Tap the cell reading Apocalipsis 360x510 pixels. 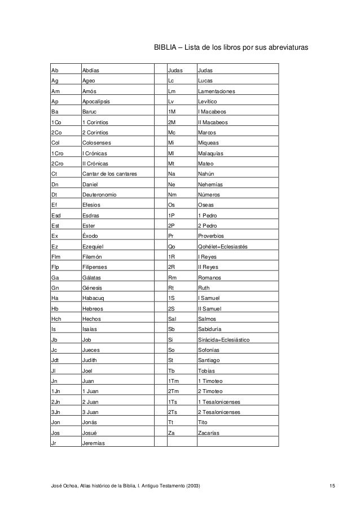[96, 102]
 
